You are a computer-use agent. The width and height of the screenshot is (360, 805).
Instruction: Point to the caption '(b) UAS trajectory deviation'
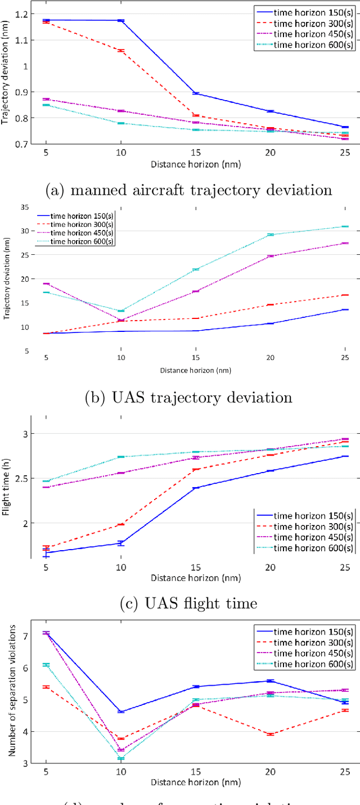point(188,398)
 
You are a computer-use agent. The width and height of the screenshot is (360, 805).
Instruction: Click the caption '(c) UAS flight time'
point(188,603)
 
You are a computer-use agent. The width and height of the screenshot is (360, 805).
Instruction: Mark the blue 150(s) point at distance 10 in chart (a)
point(120,20)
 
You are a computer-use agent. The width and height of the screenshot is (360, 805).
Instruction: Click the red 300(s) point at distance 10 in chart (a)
point(120,51)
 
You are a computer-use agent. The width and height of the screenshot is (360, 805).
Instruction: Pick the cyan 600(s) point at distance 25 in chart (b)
point(345,226)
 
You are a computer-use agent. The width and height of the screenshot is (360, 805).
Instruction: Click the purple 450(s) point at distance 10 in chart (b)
point(120,320)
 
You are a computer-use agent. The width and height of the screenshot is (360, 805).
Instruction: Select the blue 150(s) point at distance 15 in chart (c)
point(195,488)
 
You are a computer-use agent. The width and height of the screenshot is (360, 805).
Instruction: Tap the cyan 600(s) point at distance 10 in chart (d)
point(120,758)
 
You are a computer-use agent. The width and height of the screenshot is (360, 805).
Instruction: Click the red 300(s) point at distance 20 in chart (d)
point(270,734)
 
